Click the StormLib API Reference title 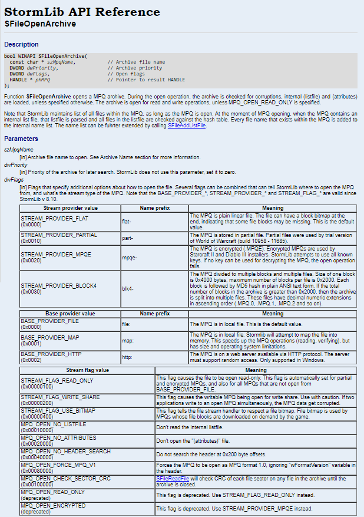[82, 12]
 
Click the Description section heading [21, 44]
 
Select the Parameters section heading [21, 139]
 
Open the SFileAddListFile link [187, 126]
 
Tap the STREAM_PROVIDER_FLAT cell [69, 221]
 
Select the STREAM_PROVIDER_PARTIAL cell [69, 238]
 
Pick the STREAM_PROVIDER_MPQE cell [69, 257]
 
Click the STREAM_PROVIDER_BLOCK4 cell [69, 288]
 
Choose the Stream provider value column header [70, 208]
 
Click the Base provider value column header [70, 314]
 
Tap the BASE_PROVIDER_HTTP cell [69, 357]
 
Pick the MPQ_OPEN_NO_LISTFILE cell [87, 427]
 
